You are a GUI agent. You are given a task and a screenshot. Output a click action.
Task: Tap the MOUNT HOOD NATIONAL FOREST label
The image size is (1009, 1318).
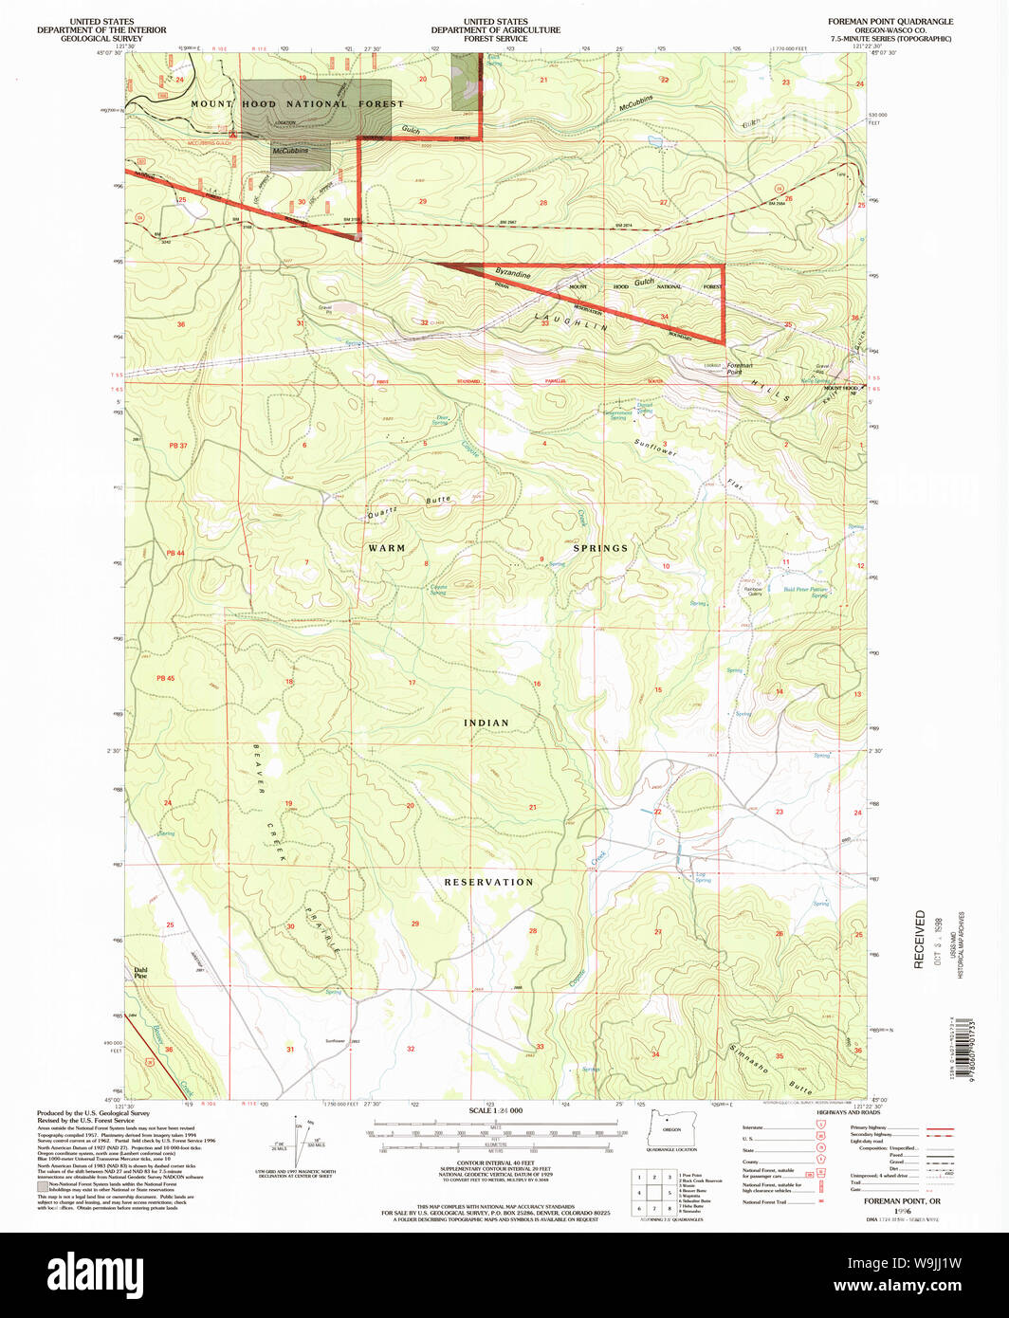[x=297, y=104]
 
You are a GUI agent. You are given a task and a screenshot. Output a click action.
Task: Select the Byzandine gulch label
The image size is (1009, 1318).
[x=512, y=273]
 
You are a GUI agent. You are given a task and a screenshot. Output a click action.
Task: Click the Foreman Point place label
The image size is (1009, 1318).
[x=740, y=369]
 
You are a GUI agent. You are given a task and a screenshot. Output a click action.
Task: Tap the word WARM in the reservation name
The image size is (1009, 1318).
[x=386, y=548]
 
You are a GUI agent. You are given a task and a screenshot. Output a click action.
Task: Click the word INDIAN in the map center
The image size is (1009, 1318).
[x=486, y=723]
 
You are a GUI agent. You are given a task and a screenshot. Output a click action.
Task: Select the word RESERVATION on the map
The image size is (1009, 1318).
[x=489, y=882]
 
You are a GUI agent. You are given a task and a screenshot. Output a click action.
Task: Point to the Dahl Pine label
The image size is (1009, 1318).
[x=139, y=972]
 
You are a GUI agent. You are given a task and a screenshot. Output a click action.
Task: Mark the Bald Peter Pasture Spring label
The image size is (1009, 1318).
[x=806, y=592]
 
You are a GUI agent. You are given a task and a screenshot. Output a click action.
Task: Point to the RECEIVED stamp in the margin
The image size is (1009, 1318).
[x=919, y=939]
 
